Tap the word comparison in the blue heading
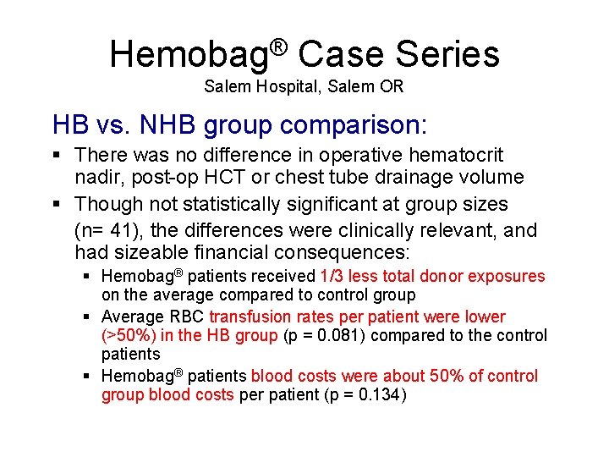pyautogui.click(x=354, y=125)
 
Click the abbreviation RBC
pyautogui.click(x=187, y=317)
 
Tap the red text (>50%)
pyautogui.click(x=128, y=336)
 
